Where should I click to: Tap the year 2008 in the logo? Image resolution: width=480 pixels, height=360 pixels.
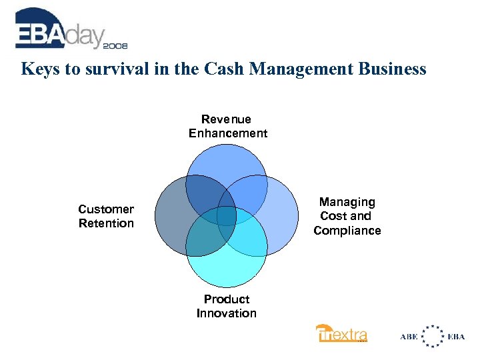point(115,45)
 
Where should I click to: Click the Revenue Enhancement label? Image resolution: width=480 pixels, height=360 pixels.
point(227,126)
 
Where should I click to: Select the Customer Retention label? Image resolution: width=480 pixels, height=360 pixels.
point(106,216)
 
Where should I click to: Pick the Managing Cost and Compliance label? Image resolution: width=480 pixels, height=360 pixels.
point(347,216)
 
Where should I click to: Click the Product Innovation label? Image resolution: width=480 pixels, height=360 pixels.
point(227,306)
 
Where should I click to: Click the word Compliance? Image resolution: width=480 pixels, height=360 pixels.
point(347,231)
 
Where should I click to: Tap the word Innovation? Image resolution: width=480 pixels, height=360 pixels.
point(227,313)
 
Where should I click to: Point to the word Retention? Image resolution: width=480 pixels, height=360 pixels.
point(106,223)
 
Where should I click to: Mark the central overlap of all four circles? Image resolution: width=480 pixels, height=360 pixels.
point(227,217)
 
